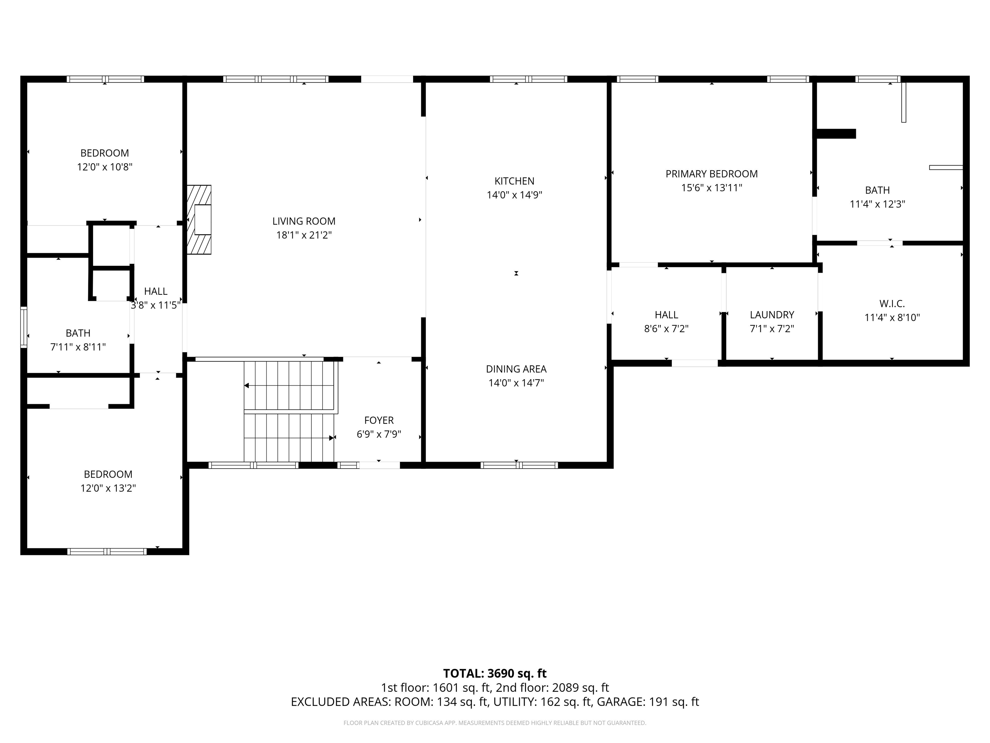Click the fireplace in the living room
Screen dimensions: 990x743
point(199,220)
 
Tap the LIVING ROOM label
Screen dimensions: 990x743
point(304,221)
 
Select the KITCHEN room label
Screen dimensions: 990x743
point(514,181)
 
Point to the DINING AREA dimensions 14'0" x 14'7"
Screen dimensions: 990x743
point(516,383)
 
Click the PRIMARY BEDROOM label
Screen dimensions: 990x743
point(712,174)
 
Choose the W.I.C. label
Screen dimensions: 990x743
point(892,304)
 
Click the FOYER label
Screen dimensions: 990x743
point(379,421)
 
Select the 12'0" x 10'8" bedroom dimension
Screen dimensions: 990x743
point(105,167)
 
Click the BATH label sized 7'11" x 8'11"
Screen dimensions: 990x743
point(78,333)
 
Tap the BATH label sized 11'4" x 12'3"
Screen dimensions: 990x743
point(877,190)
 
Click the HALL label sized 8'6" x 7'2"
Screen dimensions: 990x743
point(666,315)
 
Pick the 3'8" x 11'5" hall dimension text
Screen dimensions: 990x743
point(156,305)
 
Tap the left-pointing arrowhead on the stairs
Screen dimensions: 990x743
point(246,386)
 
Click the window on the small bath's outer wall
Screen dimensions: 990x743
point(24,327)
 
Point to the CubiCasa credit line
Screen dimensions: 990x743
point(495,723)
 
